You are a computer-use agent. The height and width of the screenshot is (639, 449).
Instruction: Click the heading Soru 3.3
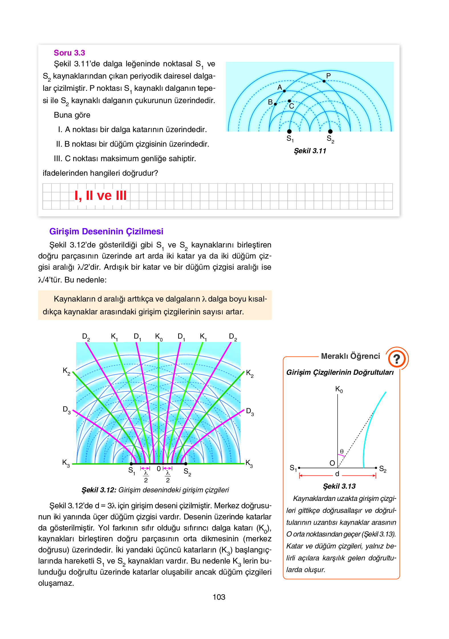click(69, 53)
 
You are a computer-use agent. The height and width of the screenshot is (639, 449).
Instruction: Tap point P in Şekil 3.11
click(324, 81)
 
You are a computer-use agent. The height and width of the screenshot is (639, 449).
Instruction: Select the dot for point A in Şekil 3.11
click(284, 91)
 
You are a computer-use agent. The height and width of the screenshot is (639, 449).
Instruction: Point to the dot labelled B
click(275, 104)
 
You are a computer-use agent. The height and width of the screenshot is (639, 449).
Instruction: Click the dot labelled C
click(289, 101)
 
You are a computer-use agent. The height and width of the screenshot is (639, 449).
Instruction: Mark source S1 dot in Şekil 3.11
click(289, 131)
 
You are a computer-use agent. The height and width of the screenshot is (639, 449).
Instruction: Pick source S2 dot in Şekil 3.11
click(330, 131)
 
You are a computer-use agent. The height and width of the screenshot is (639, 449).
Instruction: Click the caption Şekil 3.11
click(310, 151)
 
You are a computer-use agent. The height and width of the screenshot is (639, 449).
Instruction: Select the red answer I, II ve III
click(100, 196)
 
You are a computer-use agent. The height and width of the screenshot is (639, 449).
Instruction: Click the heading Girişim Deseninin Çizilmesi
click(106, 232)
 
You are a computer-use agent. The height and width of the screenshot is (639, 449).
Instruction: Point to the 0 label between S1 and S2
click(159, 469)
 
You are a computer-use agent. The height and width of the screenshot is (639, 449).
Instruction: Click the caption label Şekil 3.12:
click(99, 490)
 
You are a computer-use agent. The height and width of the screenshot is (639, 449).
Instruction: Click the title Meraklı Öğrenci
click(350, 356)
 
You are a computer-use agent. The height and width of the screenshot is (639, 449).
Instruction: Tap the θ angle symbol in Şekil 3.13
click(342, 451)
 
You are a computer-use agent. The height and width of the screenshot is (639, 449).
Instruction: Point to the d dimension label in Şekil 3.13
click(337, 474)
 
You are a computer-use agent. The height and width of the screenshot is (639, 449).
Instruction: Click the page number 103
click(219, 597)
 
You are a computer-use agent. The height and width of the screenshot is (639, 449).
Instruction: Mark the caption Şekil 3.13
click(339, 486)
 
